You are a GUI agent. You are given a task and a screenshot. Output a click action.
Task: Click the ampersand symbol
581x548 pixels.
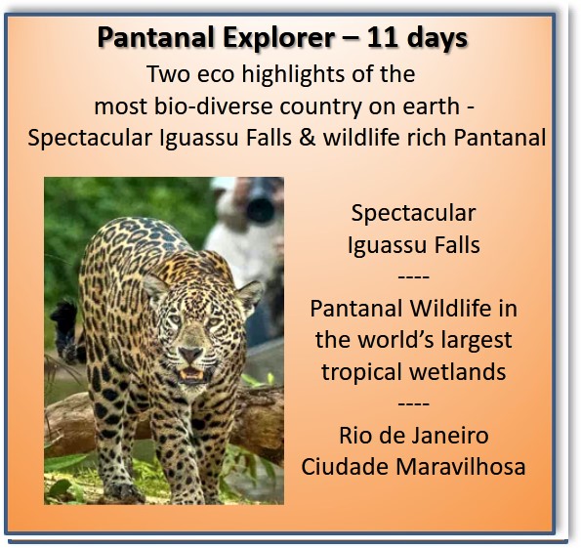click(x=308, y=138)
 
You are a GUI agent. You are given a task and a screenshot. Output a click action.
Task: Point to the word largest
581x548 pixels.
click(x=471, y=341)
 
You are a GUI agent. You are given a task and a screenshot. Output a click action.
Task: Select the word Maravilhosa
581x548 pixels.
click(x=461, y=466)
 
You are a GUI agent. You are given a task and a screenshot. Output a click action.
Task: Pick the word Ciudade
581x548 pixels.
click(x=345, y=466)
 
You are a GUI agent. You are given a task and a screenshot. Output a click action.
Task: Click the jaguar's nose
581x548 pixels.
click(x=190, y=355)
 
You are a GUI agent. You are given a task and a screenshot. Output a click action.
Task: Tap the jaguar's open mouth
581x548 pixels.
click(x=191, y=374)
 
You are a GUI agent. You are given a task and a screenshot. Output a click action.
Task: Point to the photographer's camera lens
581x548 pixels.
click(x=260, y=208)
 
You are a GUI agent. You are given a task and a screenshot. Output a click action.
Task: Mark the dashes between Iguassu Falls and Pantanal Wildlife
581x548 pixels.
click(x=413, y=277)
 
